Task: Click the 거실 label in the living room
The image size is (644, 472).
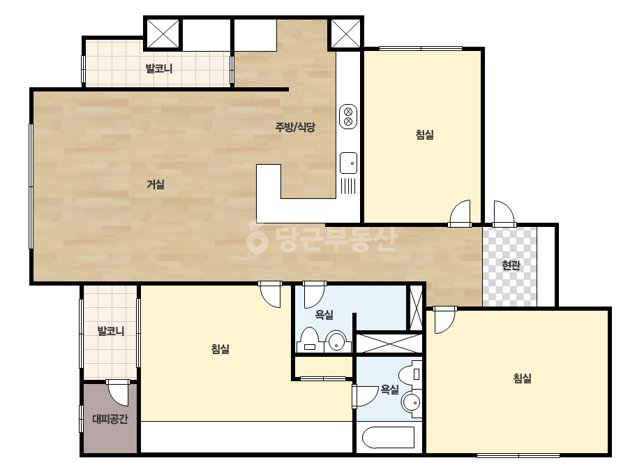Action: point(156,184)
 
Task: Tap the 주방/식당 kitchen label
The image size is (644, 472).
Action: point(295,127)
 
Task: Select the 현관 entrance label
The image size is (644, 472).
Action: point(511,265)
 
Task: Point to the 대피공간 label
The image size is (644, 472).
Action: point(110,419)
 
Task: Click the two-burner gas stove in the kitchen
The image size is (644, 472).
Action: point(348,117)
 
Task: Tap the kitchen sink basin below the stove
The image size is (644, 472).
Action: point(348,163)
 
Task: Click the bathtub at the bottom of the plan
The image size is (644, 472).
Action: point(388,438)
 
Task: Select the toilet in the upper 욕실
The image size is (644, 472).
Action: point(310,339)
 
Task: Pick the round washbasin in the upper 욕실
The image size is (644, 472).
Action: point(337,341)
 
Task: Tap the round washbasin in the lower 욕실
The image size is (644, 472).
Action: point(411,401)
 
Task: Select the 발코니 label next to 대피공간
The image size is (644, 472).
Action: point(110,330)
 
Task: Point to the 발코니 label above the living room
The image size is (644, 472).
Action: point(159,68)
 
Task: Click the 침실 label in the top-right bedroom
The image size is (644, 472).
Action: point(425,135)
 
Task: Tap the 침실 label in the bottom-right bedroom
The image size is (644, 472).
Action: point(523,378)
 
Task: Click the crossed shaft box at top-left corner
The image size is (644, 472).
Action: point(163,34)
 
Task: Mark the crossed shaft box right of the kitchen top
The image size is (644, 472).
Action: point(345,34)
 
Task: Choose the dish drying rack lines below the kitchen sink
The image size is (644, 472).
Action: point(348,186)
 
